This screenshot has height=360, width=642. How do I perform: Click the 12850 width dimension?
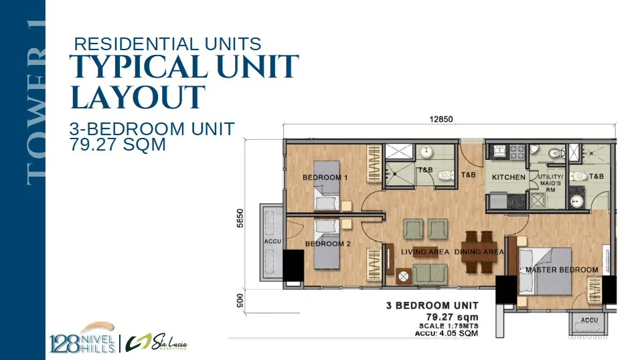point(441,119)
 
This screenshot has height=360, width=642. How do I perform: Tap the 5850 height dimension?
point(240,218)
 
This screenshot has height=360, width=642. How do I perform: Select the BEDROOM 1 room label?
point(325,177)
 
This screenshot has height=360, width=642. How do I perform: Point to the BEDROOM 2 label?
point(328,244)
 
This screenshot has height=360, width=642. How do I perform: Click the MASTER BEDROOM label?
point(562,270)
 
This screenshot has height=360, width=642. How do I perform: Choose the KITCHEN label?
point(509,177)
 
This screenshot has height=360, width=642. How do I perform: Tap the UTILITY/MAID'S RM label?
point(550,183)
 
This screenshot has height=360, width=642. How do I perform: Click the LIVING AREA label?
point(425,252)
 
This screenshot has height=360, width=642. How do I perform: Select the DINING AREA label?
point(479,252)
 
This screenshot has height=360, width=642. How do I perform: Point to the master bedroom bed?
point(545,271)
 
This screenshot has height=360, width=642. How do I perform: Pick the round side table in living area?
point(403,277)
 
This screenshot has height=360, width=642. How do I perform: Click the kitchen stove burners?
point(517,152)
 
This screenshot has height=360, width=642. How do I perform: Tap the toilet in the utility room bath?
point(556,154)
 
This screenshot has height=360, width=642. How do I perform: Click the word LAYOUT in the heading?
point(138,97)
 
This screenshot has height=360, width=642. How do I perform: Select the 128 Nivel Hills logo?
point(82,339)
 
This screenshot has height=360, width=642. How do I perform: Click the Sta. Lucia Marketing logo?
point(157,343)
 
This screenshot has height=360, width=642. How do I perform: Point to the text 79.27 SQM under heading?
point(118,145)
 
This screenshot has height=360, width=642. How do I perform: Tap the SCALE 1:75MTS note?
point(449,326)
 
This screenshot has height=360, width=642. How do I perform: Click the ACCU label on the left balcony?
point(272,242)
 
